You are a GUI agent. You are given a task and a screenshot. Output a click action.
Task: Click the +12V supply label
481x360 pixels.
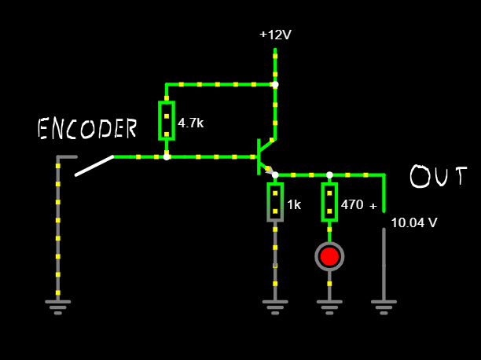(275, 35)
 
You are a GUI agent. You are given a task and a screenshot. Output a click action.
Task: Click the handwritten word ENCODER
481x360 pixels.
(87, 128)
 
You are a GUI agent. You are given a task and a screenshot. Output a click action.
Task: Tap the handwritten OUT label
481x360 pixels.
(439, 177)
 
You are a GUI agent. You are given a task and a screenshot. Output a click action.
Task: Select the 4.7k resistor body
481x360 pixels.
(167, 120)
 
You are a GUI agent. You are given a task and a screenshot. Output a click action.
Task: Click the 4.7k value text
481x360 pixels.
(191, 123)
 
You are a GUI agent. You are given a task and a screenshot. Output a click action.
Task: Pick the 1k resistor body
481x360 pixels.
(275, 202)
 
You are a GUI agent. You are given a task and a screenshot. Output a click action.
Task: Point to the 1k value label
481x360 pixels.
(294, 204)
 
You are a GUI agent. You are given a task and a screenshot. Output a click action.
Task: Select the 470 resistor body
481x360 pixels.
(329, 202)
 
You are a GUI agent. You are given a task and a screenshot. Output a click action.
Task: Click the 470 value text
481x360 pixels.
(352, 204)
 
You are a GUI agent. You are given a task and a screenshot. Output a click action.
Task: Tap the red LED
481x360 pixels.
(329, 256)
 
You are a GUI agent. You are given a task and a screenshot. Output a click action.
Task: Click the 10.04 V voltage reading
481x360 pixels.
(414, 222)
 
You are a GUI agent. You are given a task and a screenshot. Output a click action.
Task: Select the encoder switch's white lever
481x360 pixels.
(94, 165)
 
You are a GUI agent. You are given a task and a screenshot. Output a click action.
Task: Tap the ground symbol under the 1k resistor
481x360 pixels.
(275, 306)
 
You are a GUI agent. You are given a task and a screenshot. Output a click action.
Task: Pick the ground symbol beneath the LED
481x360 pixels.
(329, 306)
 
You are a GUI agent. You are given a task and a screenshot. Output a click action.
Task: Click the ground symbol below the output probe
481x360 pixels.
(384, 306)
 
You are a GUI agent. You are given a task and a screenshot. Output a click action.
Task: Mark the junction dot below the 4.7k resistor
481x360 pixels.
(167, 156)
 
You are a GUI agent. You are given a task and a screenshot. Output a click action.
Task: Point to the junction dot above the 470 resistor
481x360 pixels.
(329, 174)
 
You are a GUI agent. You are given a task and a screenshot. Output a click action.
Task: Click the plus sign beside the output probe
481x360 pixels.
(373, 207)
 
